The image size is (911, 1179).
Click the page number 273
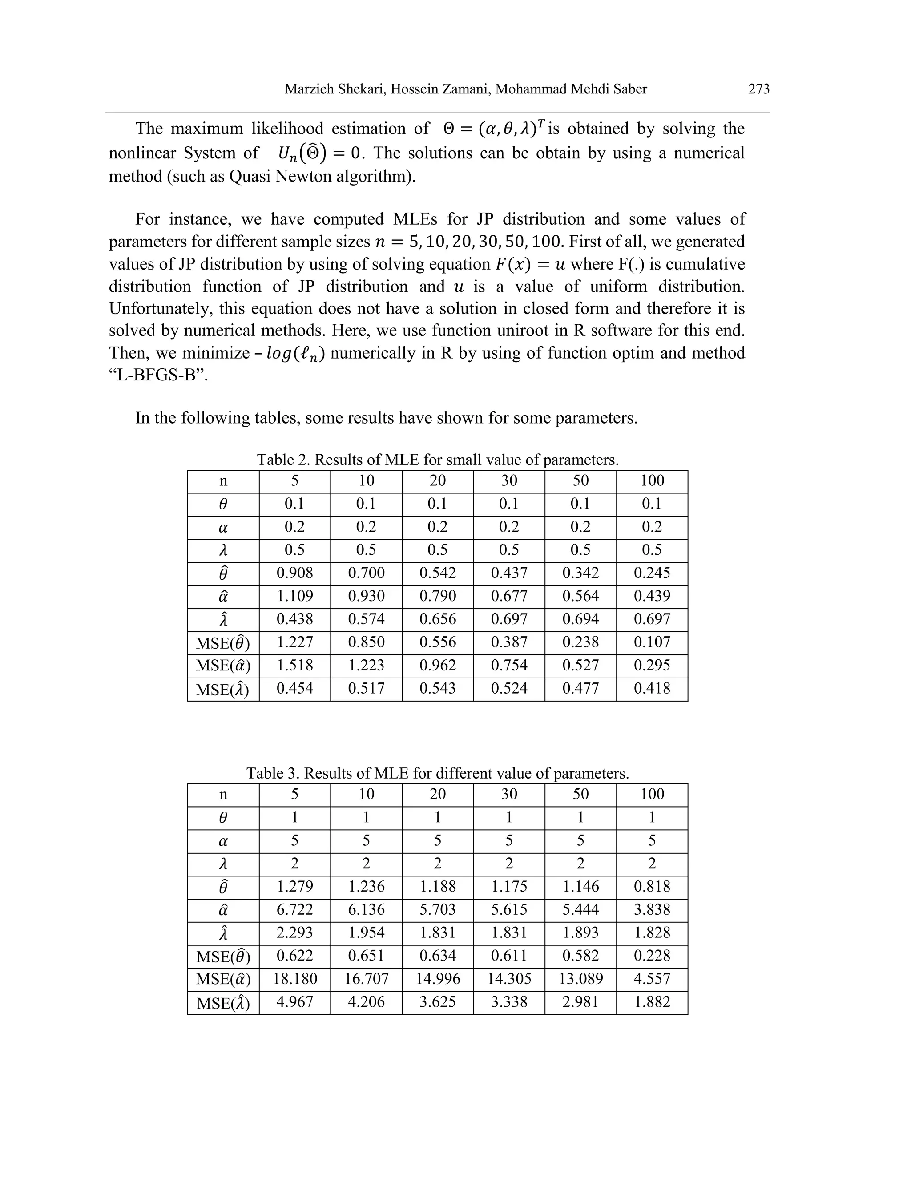[x=758, y=89]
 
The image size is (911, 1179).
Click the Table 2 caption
[x=437, y=460]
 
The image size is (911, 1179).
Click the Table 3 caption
[x=437, y=773]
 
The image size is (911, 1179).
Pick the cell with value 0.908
[x=294, y=573]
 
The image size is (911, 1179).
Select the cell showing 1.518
[x=294, y=665]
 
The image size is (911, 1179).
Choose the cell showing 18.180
[x=294, y=979]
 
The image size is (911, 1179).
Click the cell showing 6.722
[x=294, y=910]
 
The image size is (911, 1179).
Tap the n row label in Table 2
[x=223, y=481]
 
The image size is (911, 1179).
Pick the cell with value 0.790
[x=437, y=596]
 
